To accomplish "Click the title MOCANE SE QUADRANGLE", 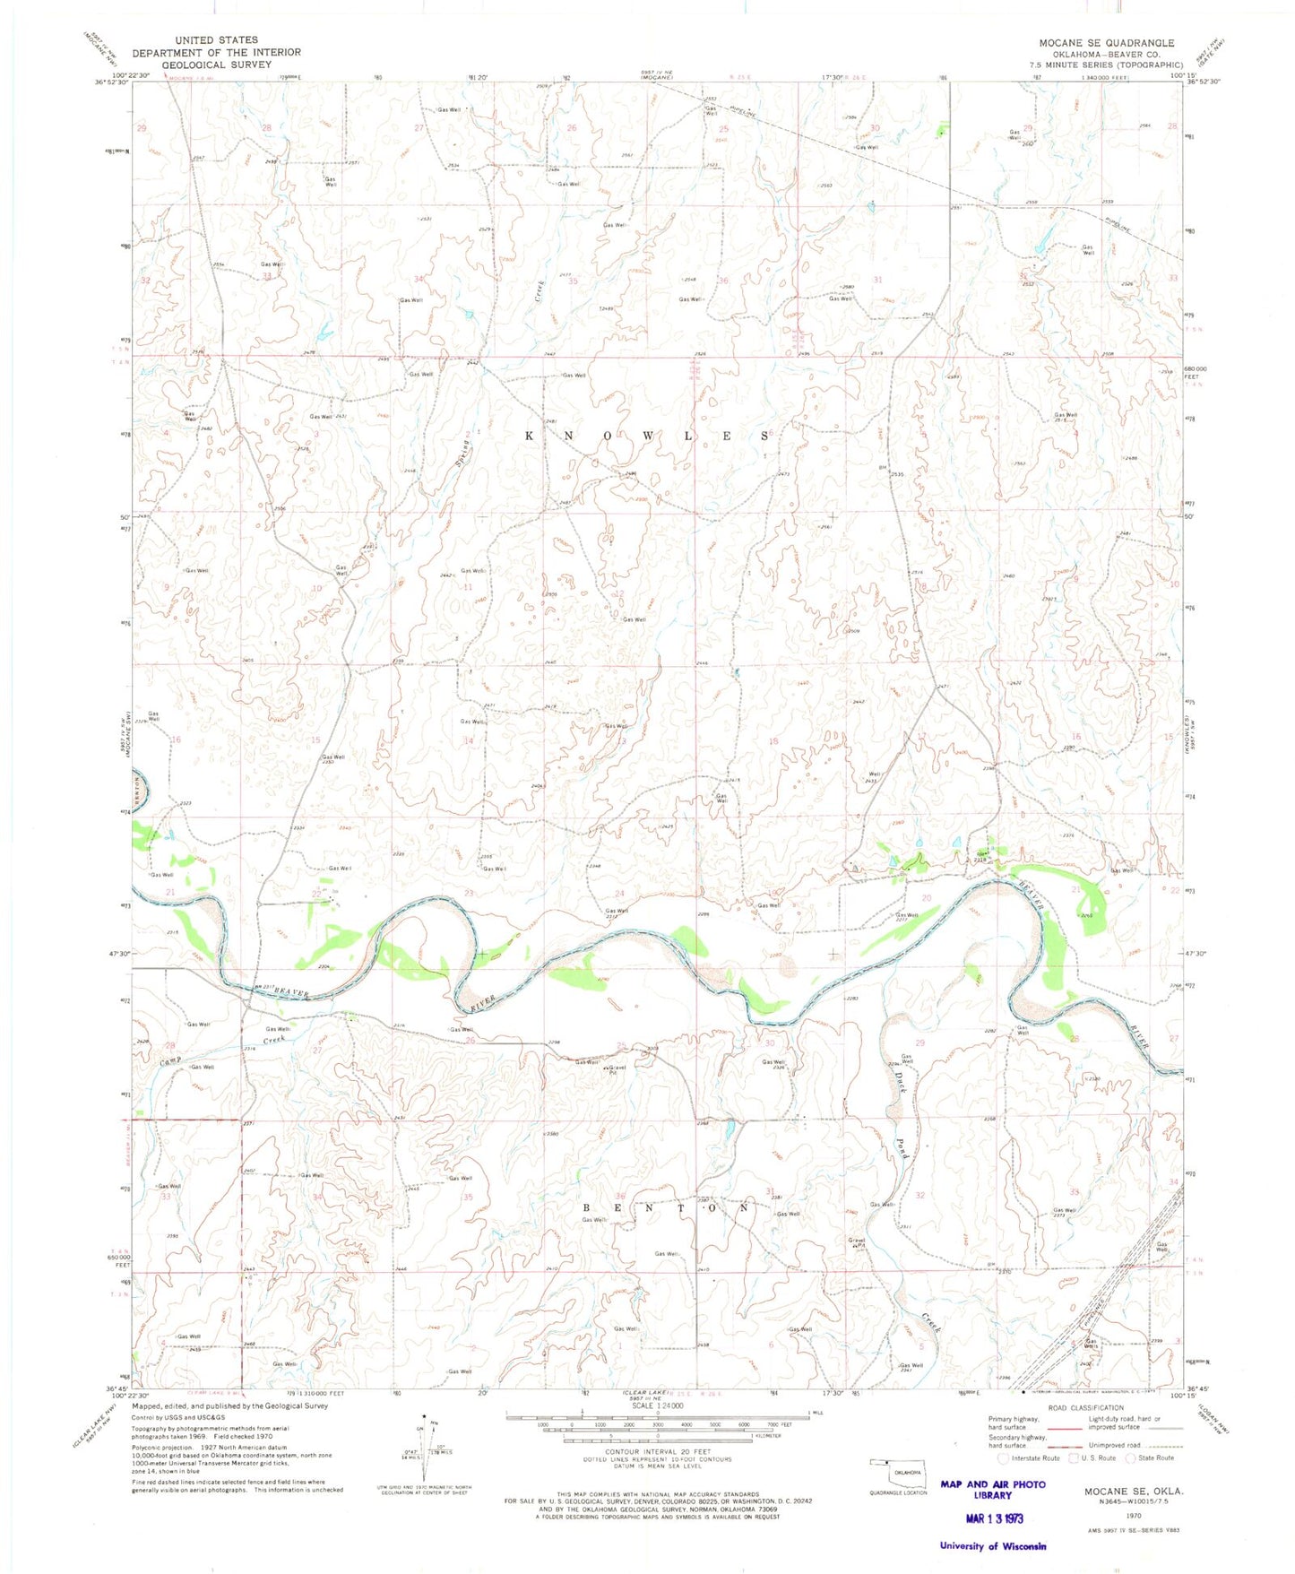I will [1106, 43].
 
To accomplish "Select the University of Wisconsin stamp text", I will [992, 1545].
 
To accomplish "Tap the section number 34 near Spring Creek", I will [418, 280].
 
